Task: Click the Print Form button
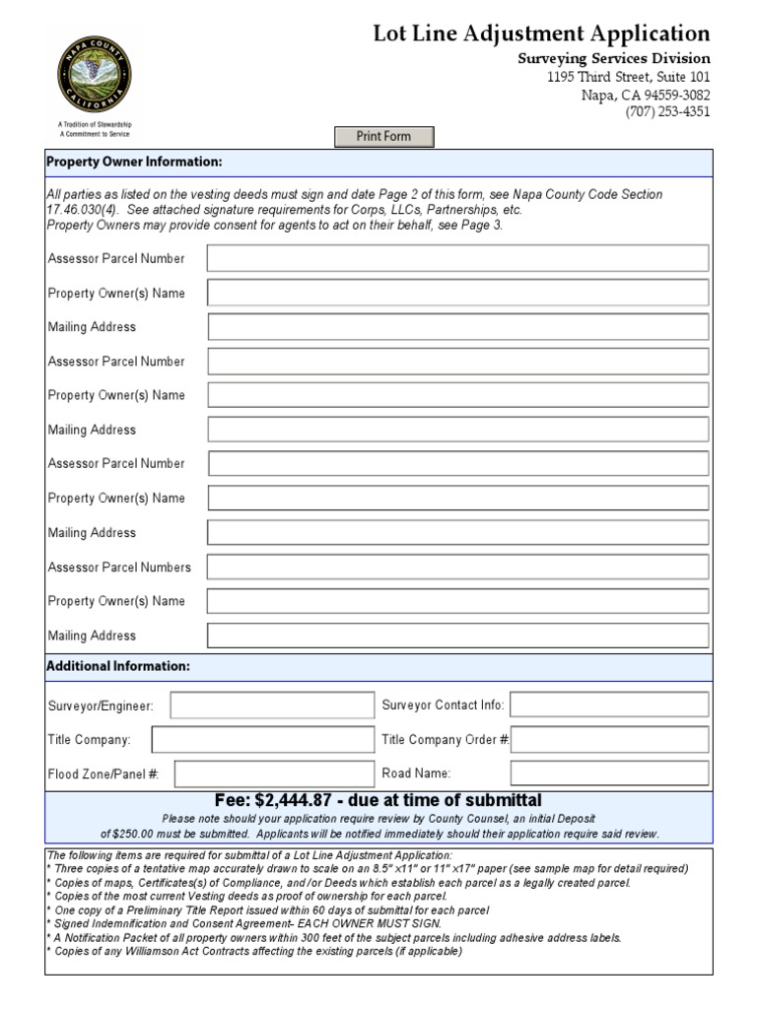coord(384,136)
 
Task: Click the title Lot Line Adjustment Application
coord(541,34)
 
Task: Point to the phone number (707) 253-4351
coord(667,111)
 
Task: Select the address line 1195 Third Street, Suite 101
coord(628,77)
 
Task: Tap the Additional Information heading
coord(119,667)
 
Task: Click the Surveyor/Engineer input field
coord(272,706)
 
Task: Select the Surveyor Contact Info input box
coord(609,706)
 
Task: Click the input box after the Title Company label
coord(263,739)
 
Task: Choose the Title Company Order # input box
coord(609,739)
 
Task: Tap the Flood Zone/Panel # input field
coord(274,774)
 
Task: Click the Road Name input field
coord(609,774)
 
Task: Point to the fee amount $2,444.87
coord(298,800)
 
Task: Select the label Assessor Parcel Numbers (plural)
coord(119,567)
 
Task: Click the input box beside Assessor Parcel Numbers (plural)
coord(457,567)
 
